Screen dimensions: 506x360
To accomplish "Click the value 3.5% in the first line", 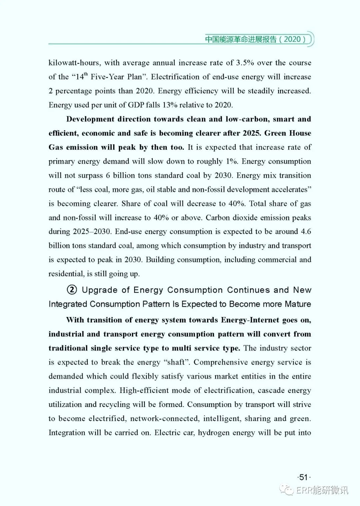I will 245,63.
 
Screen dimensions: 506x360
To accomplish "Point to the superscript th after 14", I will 86,74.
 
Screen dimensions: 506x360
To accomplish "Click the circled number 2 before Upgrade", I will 72,290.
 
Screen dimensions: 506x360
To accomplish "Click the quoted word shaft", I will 177,362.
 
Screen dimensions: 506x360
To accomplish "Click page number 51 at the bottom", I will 303,477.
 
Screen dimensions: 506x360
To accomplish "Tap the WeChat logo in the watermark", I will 287,489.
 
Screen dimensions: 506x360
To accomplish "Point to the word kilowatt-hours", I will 74,63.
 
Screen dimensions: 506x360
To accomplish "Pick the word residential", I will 66,274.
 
